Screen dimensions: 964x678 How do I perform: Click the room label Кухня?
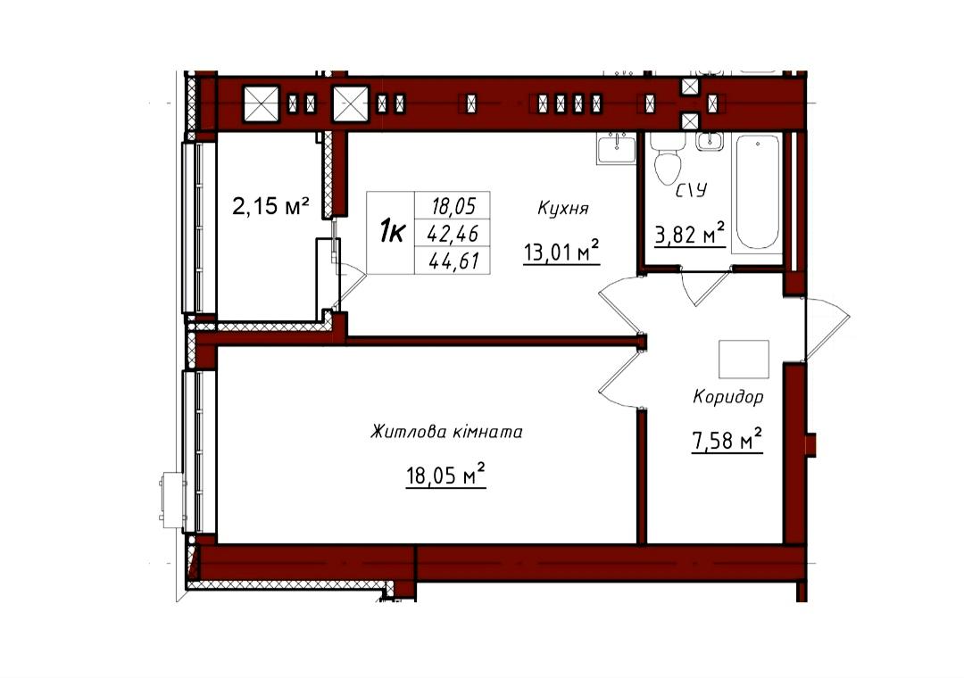(x=562, y=209)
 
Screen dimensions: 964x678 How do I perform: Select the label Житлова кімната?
(x=446, y=432)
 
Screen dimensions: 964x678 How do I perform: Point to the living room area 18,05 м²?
(x=445, y=475)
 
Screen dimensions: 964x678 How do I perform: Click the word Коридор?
(x=728, y=397)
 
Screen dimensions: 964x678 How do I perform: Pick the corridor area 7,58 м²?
(x=727, y=440)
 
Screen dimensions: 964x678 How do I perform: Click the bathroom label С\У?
(x=691, y=191)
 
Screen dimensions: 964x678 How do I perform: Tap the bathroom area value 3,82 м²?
(x=690, y=234)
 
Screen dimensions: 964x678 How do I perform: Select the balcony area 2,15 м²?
(x=270, y=206)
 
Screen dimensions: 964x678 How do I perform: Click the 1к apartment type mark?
(x=392, y=233)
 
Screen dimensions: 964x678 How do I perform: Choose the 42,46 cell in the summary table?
(x=453, y=233)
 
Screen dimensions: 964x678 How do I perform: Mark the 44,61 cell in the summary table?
(x=453, y=261)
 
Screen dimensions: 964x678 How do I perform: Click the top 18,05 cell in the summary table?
(x=453, y=205)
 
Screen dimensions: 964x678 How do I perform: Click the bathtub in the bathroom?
(x=758, y=192)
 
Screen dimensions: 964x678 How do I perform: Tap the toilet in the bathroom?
(x=668, y=157)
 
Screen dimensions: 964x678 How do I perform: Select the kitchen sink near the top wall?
(x=615, y=148)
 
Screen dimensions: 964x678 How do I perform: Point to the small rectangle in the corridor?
(x=744, y=360)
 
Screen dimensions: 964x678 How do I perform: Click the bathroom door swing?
(x=706, y=285)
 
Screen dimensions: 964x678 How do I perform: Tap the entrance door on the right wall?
(x=827, y=328)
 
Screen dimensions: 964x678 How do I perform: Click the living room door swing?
(x=619, y=376)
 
